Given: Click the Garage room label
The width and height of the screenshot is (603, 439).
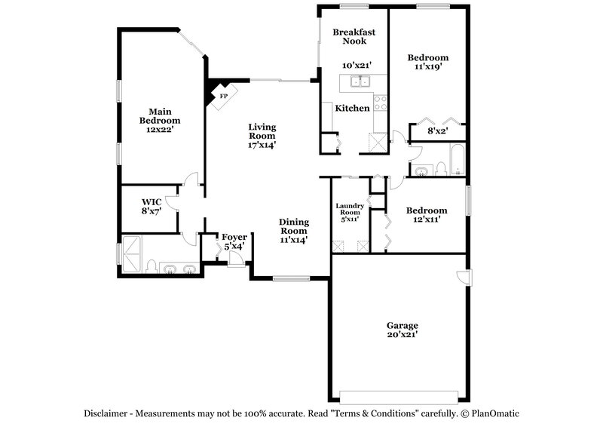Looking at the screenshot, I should (x=403, y=325).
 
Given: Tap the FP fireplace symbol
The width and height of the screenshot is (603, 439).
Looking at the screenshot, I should (x=223, y=97).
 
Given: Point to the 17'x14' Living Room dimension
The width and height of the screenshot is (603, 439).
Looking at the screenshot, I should (x=262, y=145).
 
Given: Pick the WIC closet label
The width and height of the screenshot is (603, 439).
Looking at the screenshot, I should (x=153, y=202).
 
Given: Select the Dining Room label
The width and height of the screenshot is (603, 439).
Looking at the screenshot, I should (x=294, y=226).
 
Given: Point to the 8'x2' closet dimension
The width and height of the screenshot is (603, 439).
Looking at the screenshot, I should (x=439, y=131).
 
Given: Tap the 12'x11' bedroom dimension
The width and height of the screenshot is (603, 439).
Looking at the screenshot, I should (x=427, y=220).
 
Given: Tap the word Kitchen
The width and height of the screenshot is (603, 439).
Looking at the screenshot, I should (x=352, y=109).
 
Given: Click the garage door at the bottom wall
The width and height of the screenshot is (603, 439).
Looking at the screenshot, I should (x=399, y=397).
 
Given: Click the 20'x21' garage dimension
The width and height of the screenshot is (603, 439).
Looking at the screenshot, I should (x=403, y=334).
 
